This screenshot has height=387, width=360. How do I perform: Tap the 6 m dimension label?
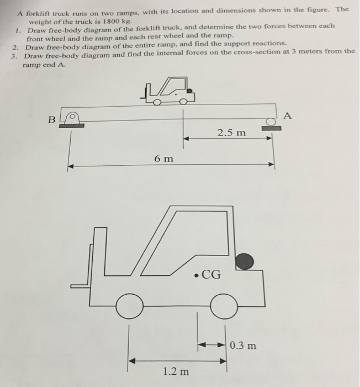pyautogui.click(x=163, y=159)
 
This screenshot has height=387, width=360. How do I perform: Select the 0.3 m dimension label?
pyautogui.click(x=242, y=346)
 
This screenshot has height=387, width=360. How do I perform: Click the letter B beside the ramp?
pyautogui.click(x=52, y=118)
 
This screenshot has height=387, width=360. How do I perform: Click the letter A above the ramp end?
pyautogui.click(x=285, y=116)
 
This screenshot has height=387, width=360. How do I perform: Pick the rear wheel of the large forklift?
pyautogui.click(x=224, y=306)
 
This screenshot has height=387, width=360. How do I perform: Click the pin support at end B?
pyautogui.click(x=70, y=119)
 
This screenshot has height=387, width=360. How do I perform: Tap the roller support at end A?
pyautogui.click(x=271, y=122)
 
